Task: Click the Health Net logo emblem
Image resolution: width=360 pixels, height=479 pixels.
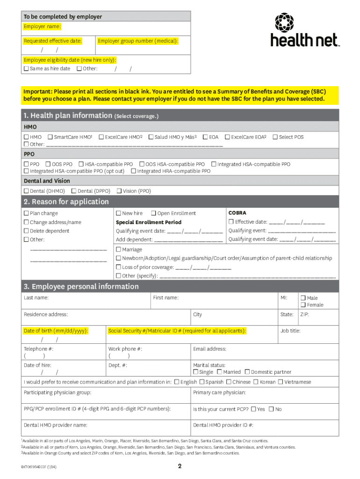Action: [284, 22]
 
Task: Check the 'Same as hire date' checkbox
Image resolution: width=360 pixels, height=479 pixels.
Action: [26, 69]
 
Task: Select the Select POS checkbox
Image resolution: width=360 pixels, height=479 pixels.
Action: [275, 137]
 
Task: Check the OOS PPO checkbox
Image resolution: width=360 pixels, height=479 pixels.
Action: [48, 164]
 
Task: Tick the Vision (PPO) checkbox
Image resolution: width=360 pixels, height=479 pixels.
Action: [119, 191]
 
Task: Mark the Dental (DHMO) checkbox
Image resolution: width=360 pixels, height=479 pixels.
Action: [26, 191]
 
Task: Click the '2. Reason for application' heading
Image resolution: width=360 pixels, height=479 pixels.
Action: [66, 202]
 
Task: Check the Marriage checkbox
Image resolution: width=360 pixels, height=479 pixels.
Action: [118, 249]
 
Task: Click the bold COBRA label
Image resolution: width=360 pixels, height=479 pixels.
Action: [237, 213]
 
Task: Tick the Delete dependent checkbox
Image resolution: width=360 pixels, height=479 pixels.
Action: [26, 231]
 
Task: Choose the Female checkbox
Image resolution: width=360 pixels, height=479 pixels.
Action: [303, 305]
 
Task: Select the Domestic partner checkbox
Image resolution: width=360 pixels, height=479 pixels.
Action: [247, 372]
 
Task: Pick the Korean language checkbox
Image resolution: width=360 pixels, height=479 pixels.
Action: [256, 382]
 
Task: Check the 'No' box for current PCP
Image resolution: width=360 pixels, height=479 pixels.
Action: [271, 409]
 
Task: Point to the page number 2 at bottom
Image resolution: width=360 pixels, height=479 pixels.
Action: [180, 466]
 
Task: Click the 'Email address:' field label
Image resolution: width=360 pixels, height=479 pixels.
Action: [209, 349]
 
